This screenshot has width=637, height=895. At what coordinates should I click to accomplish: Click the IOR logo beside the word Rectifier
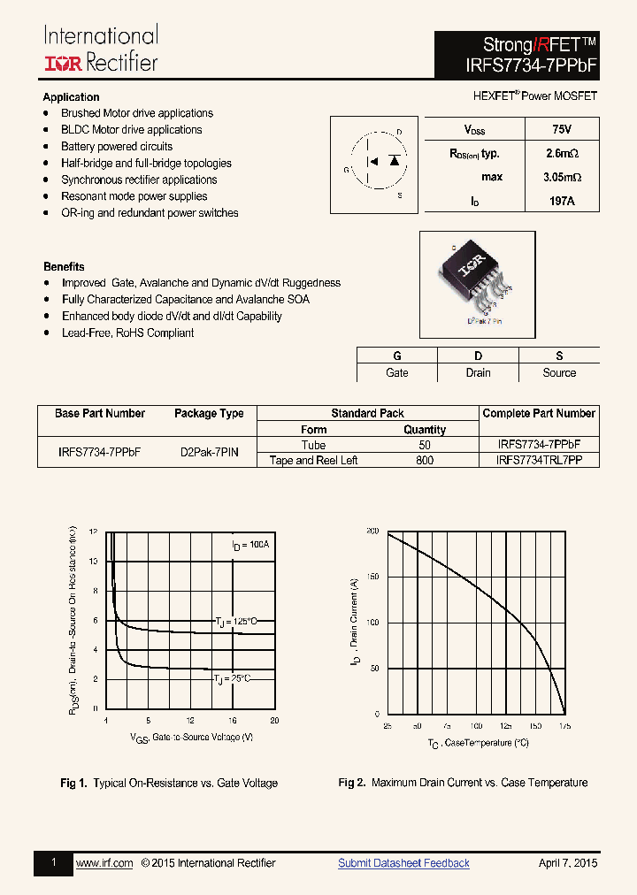click(x=64, y=62)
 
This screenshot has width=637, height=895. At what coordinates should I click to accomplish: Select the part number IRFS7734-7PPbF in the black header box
click(x=517, y=64)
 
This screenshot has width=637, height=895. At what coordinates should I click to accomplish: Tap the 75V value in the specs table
click(x=561, y=129)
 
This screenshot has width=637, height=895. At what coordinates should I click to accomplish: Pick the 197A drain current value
click(x=561, y=201)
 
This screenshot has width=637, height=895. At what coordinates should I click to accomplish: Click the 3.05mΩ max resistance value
click(x=561, y=177)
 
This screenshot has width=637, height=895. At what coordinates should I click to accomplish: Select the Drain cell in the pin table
click(x=478, y=372)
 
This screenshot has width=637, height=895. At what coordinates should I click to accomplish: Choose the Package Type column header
click(x=209, y=413)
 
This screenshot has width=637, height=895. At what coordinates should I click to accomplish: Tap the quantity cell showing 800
click(x=425, y=460)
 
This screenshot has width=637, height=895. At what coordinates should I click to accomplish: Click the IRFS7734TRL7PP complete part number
click(x=539, y=460)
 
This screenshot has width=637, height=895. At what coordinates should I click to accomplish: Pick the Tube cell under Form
click(x=313, y=445)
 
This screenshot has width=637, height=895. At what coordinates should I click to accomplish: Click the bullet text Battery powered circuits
click(x=117, y=147)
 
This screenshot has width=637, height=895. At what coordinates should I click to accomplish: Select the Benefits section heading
click(x=64, y=266)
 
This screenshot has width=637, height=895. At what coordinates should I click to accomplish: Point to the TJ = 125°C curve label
click(x=235, y=622)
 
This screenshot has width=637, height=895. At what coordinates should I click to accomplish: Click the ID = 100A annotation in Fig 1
click(x=250, y=545)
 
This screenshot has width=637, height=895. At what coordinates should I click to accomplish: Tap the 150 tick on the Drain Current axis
click(x=372, y=577)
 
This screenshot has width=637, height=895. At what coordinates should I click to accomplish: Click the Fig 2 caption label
click(x=352, y=783)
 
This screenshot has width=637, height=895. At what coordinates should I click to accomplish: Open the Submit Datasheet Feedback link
click(x=403, y=863)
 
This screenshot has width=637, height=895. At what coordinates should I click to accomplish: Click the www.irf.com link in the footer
click(x=104, y=863)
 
